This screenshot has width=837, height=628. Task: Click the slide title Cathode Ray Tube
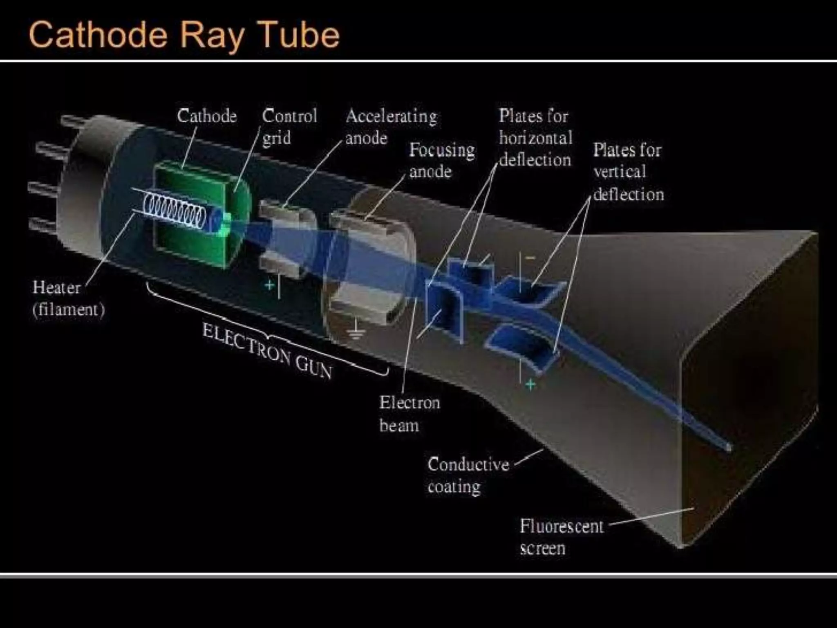click(x=184, y=35)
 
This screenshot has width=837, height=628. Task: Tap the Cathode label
click(x=207, y=116)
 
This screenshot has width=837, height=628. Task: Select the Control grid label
click(x=289, y=127)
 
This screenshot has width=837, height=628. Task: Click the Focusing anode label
click(x=442, y=160)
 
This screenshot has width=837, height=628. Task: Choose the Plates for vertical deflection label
click(x=628, y=172)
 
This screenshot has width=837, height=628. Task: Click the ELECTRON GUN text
click(x=267, y=351)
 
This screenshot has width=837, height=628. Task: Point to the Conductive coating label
click(x=468, y=475)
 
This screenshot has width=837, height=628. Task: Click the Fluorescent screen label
click(x=561, y=536)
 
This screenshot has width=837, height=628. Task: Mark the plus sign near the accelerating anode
click(x=269, y=285)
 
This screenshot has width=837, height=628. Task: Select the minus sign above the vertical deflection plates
click(x=530, y=258)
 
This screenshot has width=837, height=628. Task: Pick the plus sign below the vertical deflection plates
click(x=530, y=385)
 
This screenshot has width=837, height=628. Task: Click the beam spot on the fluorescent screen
click(x=729, y=448)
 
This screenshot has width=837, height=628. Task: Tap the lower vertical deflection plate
click(x=521, y=348)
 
